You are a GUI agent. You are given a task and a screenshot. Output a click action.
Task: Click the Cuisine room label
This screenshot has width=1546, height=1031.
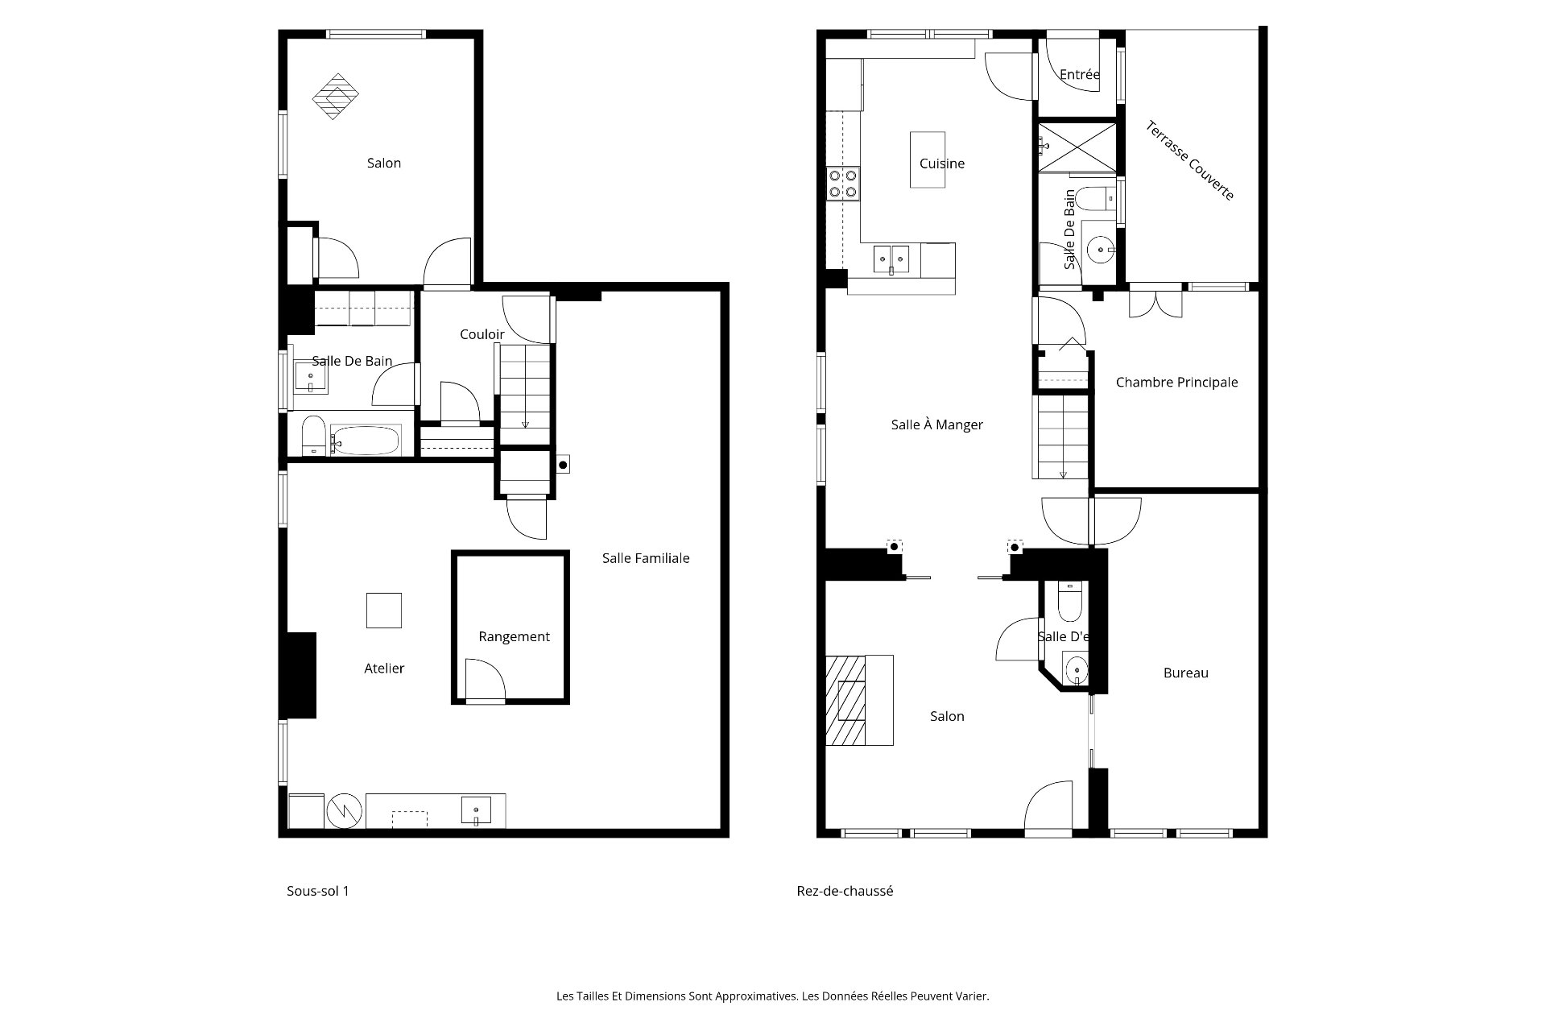point(941,164)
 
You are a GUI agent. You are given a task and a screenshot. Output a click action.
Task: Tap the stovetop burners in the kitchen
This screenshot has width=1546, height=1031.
point(843,183)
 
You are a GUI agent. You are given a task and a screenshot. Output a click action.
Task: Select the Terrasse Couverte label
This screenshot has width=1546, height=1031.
point(1190,160)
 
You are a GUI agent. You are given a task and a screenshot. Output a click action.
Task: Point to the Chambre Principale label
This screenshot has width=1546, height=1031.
point(1176,382)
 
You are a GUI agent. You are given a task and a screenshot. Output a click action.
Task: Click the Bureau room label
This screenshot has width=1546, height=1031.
point(1185,673)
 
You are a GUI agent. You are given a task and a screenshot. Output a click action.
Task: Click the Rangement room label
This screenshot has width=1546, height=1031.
point(514,636)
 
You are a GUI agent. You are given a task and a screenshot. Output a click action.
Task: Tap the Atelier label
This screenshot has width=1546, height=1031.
point(384,668)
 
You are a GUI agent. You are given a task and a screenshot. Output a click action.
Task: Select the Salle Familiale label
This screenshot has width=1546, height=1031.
point(646,557)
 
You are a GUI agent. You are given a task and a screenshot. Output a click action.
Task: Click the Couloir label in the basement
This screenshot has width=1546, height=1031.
point(482,334)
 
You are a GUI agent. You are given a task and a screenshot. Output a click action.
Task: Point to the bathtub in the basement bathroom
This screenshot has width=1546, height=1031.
point(365,440)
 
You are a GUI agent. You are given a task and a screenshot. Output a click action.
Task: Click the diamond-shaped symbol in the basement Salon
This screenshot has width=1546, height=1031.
point(336,97)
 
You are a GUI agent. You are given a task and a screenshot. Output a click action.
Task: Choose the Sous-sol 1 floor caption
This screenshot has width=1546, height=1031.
point(318,891)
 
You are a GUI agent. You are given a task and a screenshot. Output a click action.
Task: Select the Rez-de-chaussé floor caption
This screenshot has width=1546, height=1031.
point(845,891)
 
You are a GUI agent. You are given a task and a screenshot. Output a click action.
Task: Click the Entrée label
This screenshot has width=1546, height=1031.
point(1079,74)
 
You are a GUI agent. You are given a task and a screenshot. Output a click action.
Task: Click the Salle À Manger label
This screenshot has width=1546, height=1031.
point(936,424)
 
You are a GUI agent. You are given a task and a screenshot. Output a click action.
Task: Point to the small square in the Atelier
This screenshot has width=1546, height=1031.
point(384,610)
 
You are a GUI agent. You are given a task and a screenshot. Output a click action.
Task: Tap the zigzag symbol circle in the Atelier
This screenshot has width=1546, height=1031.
point(345,811)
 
